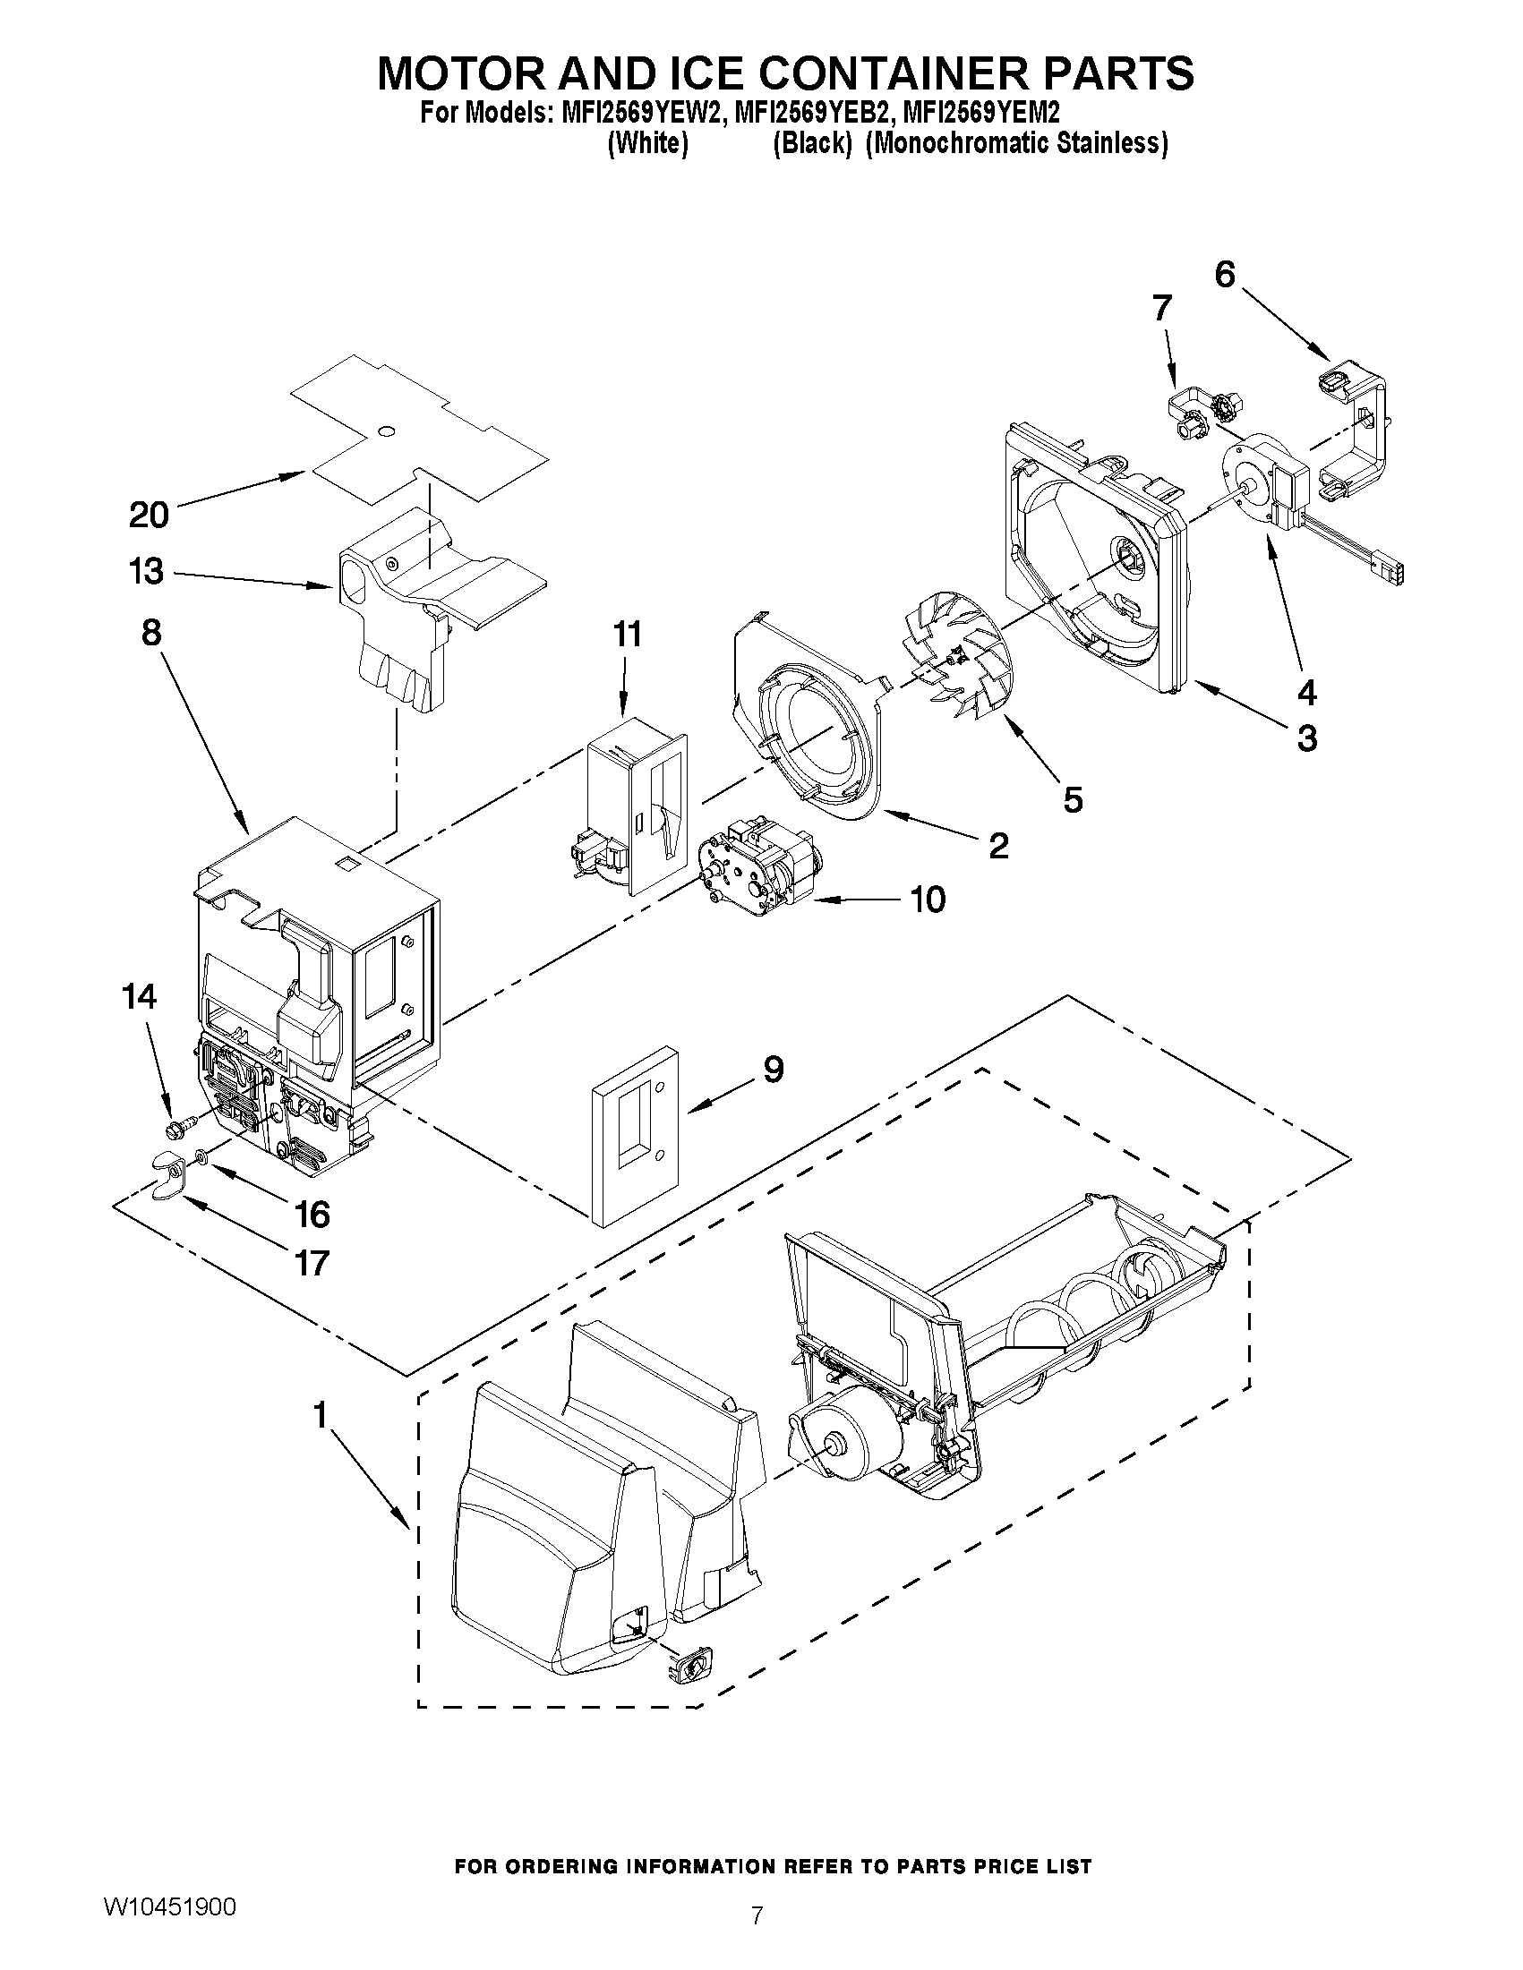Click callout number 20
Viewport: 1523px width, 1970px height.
tap(149, 515)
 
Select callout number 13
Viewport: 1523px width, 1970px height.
tap(146, 572)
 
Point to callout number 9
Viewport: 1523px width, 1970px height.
tap(774, 1070)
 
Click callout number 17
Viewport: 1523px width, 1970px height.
tap(312, 1263)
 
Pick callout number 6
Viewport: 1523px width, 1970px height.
tap(1224, 273)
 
